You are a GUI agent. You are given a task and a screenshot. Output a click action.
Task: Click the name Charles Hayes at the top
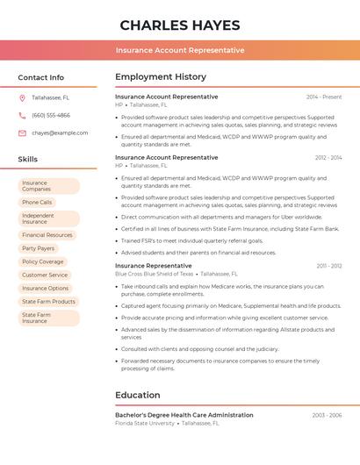(x=179, y=25)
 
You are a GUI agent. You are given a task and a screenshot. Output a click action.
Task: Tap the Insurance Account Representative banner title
(x=179, y=50)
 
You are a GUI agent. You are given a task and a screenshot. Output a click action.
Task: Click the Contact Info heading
(x=41, y=77)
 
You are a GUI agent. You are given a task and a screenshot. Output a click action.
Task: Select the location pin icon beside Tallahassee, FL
(x=22, y=97)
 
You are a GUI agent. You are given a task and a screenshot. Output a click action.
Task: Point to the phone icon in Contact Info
(x=22, y=115)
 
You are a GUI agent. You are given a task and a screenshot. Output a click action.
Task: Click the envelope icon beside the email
(x=22, y=132)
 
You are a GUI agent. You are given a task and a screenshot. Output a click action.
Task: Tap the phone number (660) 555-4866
(x=51, y=115)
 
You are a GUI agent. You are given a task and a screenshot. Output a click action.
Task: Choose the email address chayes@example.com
(x=60, y=132)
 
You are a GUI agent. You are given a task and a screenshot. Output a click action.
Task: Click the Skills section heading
(x=28, y=159)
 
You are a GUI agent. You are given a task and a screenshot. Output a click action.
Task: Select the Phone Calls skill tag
(x=37, y=202)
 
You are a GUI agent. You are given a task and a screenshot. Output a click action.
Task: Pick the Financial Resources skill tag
(x=47, y=235)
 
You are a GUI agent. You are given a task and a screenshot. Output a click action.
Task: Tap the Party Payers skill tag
(x=39, y=248)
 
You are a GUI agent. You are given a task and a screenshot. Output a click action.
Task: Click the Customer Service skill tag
(x=45, y=275)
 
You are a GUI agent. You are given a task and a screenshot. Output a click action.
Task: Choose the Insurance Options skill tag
(x=46, y=288)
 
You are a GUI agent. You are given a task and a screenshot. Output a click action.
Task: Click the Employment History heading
(x=161, y=77)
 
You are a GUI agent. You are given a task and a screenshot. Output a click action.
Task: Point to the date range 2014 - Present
(x=324, y=97)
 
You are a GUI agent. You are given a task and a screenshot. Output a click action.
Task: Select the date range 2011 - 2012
(x=329, y=265)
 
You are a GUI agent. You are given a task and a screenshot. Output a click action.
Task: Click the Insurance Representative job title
(x=153, y=265)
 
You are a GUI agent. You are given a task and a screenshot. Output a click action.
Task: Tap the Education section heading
(x=138, y=395)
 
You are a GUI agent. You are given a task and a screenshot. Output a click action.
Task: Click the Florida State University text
(x=145, y=423)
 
